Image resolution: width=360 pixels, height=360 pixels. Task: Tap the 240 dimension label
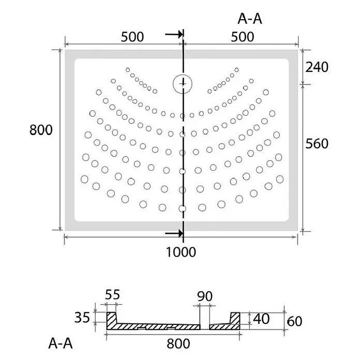317,67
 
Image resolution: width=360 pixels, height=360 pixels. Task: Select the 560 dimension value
317,144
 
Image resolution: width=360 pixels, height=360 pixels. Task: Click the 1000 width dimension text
181,252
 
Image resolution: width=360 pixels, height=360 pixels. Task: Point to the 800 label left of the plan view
41,130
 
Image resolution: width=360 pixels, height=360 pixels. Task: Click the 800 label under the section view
178,343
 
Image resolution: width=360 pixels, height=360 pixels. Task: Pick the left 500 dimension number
132,37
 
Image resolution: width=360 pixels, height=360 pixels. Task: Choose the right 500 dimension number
243,37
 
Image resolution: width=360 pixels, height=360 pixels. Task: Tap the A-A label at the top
250,19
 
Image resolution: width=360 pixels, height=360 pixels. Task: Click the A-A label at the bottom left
61,343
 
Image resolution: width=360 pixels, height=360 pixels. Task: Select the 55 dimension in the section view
113,294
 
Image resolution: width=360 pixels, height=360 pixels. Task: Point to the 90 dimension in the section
205,296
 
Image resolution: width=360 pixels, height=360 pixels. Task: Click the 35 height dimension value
82,318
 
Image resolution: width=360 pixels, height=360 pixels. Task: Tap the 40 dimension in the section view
261,319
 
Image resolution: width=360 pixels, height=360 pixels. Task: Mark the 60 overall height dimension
294,321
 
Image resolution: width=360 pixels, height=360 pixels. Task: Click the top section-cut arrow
174,35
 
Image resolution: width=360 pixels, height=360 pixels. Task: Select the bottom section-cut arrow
174,233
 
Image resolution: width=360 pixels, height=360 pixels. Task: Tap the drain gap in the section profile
205,327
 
